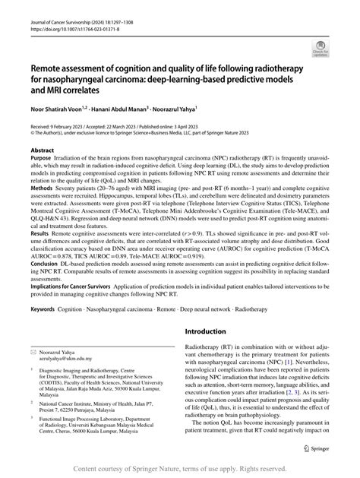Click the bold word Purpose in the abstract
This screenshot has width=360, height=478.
[x=42, y=160]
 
